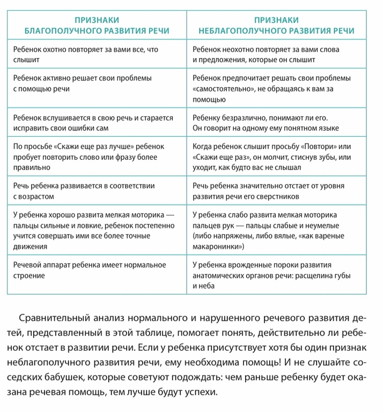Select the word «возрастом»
pos(37,196)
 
